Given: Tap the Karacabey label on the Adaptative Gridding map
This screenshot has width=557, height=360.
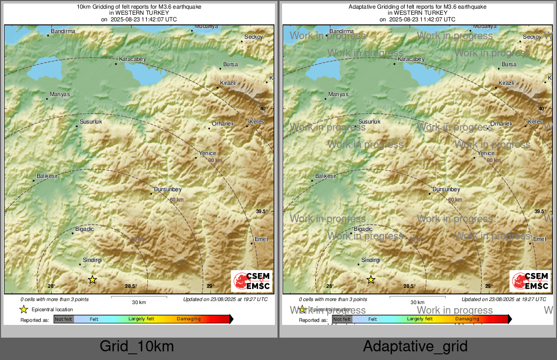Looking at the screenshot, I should point(411,59).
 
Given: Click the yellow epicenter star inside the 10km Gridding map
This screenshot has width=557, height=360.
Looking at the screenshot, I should point(92,280).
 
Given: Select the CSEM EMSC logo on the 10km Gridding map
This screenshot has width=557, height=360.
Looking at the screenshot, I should point(252,281).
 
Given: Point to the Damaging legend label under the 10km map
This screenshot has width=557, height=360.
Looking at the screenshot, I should point(189,319).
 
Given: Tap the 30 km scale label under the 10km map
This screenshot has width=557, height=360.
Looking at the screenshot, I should point(139,302).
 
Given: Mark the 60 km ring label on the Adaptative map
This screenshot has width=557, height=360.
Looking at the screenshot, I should point(455,200).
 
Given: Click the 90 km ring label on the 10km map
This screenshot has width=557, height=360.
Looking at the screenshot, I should point(215,160).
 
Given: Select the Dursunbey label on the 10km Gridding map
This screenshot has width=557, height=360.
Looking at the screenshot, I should point(168,190).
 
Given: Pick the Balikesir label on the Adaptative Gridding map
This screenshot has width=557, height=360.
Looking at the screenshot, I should point(326,176).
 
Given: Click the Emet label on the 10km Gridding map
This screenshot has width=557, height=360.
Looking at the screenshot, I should point(261,239).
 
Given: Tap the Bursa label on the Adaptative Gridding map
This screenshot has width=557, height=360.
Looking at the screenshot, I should point(509,65).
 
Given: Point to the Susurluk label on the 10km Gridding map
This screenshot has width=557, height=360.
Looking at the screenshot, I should point(91,122).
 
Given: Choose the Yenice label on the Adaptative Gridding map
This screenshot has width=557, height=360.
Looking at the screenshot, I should point(486,154).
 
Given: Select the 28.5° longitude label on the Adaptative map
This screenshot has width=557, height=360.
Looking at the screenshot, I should point(409,286).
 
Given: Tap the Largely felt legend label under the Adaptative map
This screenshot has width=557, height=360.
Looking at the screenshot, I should point(420,319).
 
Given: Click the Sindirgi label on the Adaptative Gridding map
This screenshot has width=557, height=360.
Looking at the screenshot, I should point(370,260).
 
